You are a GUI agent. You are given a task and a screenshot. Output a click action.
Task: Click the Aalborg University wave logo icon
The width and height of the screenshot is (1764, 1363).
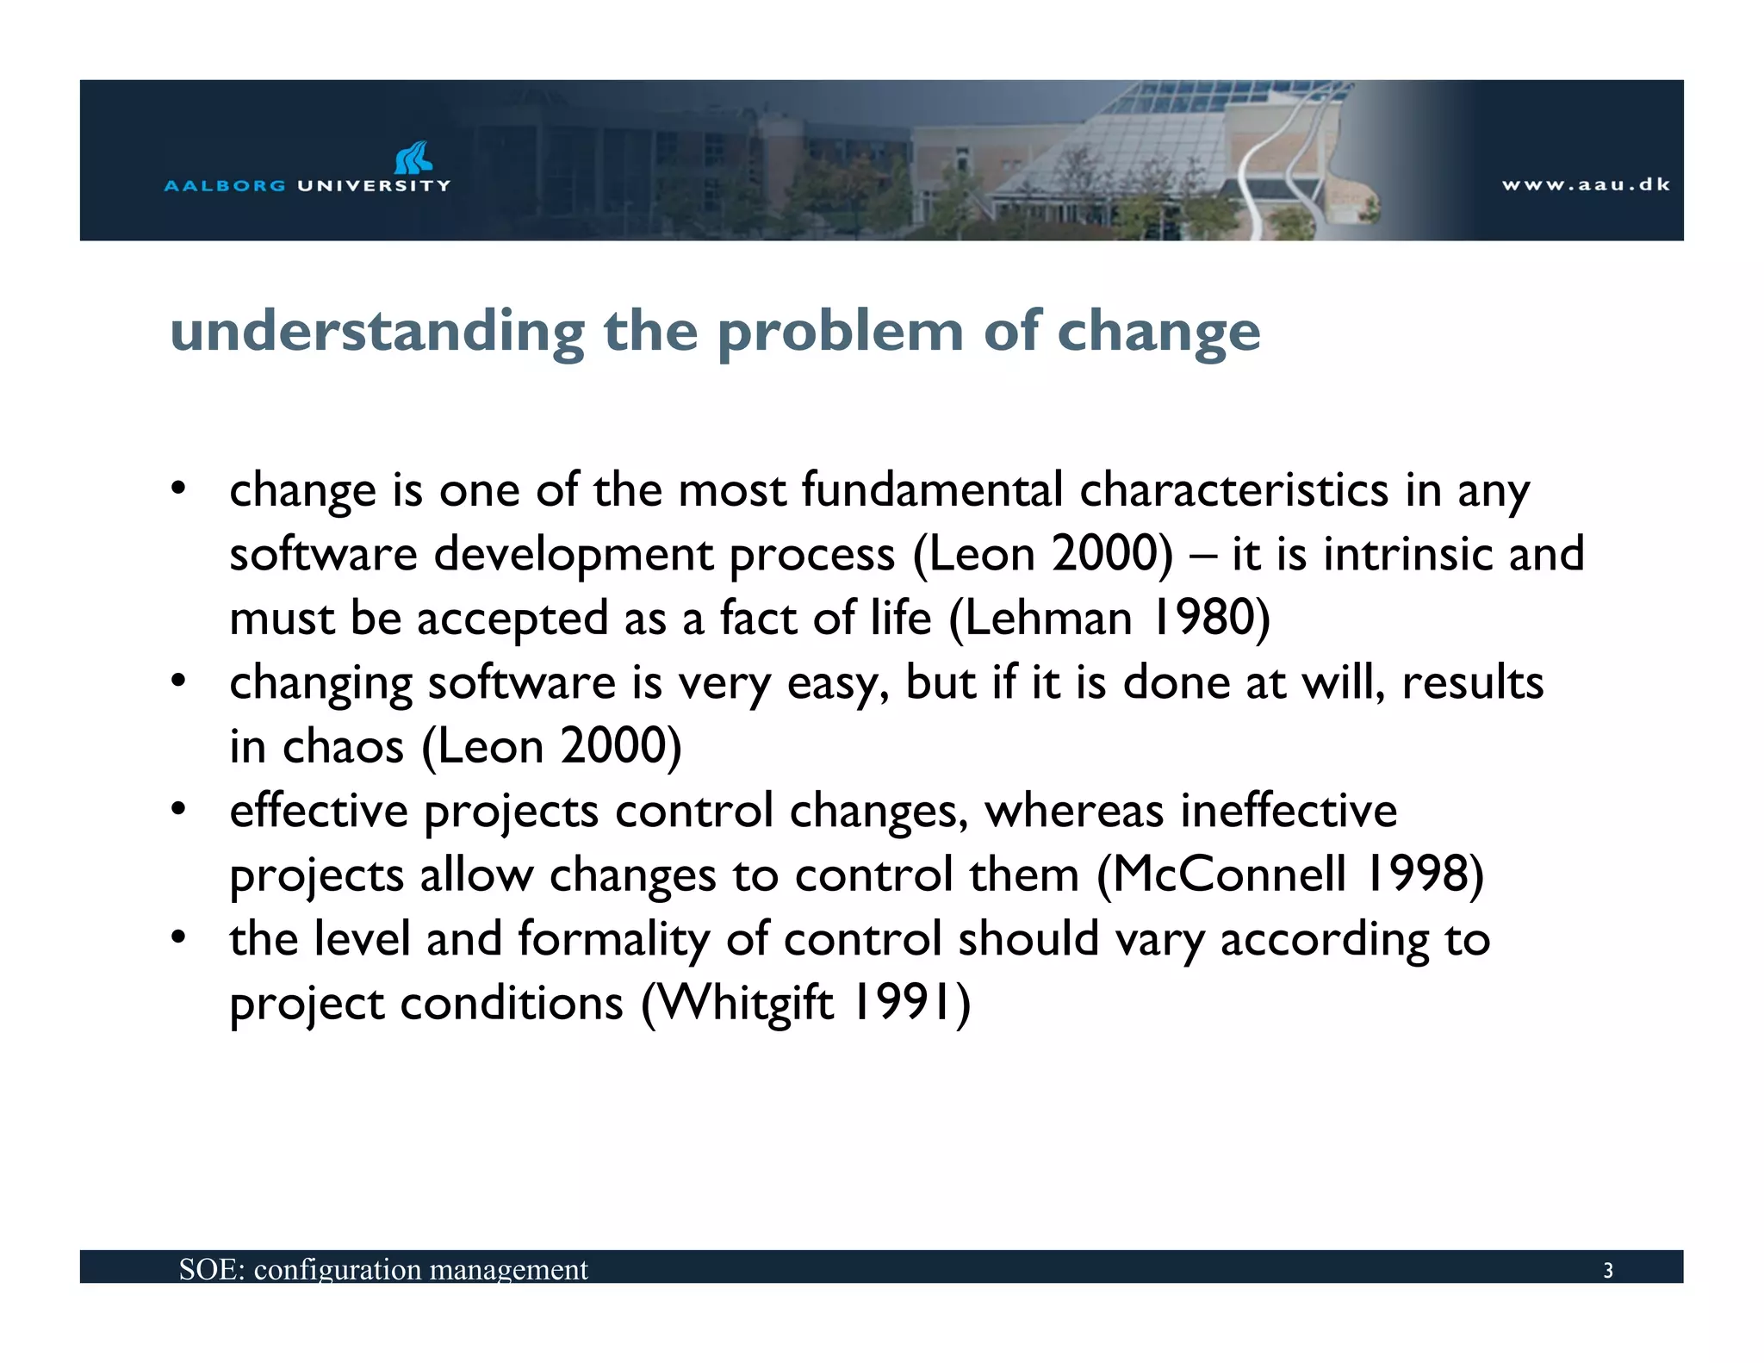413,158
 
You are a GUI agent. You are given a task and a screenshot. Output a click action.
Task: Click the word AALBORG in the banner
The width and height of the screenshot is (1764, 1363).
224,186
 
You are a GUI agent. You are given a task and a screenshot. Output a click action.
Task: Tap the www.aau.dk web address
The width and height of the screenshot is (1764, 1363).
1586,184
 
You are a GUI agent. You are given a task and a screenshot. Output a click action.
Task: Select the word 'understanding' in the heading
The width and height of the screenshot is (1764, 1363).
377,332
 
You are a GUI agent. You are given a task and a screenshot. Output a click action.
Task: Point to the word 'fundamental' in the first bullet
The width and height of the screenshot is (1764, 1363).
932,490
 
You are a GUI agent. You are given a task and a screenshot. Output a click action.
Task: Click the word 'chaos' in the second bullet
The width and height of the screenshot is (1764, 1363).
343,746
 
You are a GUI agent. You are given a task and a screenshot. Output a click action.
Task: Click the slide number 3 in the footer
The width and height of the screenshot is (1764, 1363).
1607,1271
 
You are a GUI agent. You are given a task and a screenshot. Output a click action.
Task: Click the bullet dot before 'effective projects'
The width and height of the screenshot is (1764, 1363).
178,810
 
